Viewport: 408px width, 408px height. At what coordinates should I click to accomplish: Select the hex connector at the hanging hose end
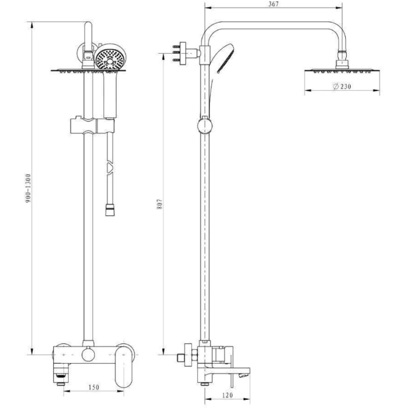coord(108,209)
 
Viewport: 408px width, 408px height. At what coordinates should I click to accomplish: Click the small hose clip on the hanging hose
coord(108,167)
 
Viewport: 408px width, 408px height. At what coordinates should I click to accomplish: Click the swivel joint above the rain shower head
coord(342,61)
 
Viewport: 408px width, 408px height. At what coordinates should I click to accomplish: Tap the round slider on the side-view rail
coord(205,124)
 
